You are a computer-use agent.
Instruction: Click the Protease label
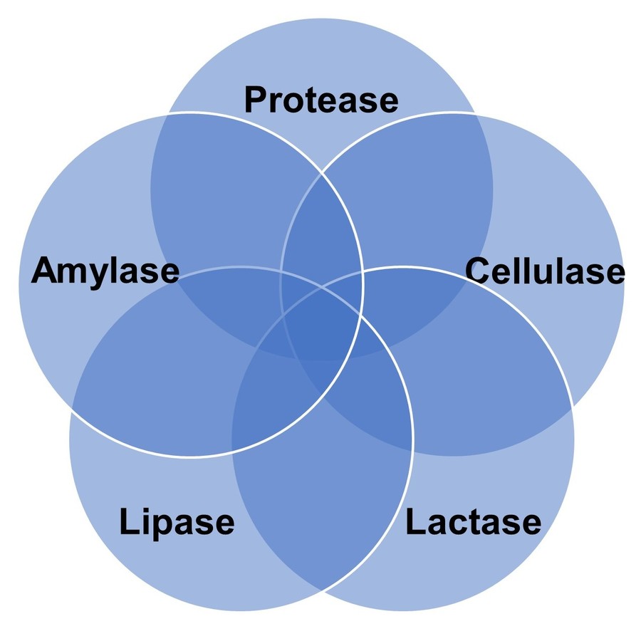321,100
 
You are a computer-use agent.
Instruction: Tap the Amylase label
105,272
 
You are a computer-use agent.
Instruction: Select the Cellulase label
545,272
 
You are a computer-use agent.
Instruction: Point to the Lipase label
177,522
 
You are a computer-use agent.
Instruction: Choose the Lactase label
473,522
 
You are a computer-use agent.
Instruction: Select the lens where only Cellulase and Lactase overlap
491,377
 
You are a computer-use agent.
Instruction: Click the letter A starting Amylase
44,272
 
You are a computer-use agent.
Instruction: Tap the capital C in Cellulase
479,272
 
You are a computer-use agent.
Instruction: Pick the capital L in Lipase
127,522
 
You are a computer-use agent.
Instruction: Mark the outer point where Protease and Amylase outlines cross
168,114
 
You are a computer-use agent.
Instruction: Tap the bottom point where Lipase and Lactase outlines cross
322,590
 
